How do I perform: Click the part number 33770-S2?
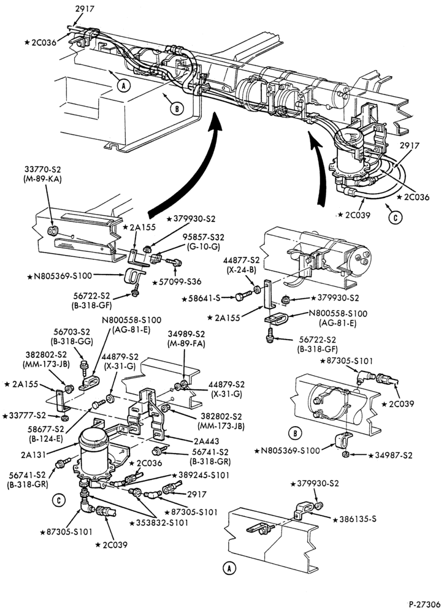point(43,170)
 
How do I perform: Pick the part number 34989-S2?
point(186,334)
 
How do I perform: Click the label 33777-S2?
point(27,415)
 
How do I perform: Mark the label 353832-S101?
point(161,522)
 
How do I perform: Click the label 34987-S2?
point(392,455)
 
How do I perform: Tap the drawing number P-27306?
point(425,604)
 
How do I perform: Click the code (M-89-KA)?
point(43,179)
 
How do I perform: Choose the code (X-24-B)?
point(242,268)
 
